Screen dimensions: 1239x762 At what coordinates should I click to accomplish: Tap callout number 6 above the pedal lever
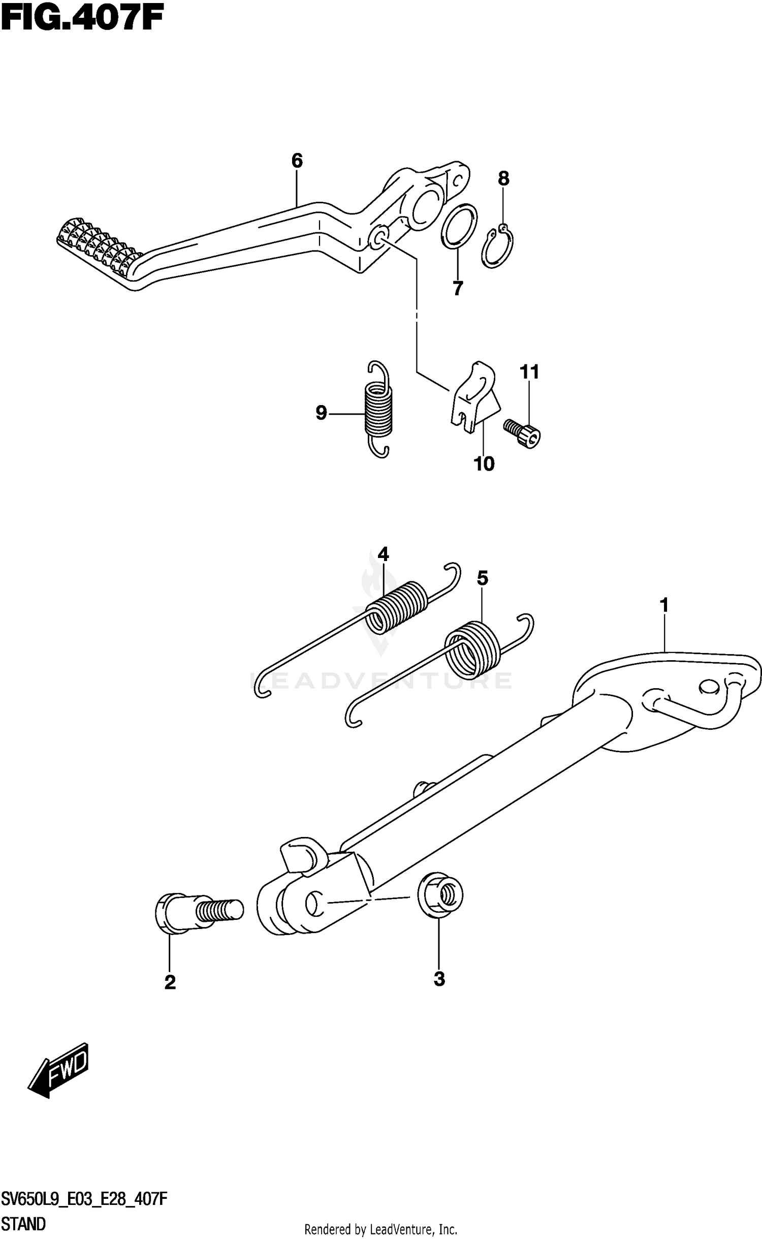point(297,161)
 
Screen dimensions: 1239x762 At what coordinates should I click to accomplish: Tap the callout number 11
point(529,371)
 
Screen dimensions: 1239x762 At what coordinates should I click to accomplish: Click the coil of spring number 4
point(397,607)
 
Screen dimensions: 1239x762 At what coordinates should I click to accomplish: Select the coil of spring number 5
point(470,651)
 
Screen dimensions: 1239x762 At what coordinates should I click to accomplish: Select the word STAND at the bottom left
point(23,1224)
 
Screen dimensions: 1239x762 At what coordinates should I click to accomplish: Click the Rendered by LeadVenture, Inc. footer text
point(380,1230)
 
